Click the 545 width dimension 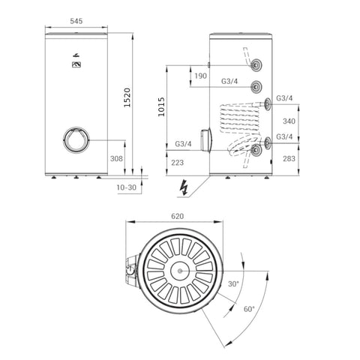click(76, 21)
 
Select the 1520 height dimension click(127, 97)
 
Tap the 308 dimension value click(116, 158)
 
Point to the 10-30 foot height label click(127, 187)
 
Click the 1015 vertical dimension click(161, 106)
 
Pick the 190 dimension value click(200, 76)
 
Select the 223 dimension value click(177, 163)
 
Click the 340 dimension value click(289, 121)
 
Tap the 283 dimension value click(289, 158)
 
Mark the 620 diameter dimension click(177, 216)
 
